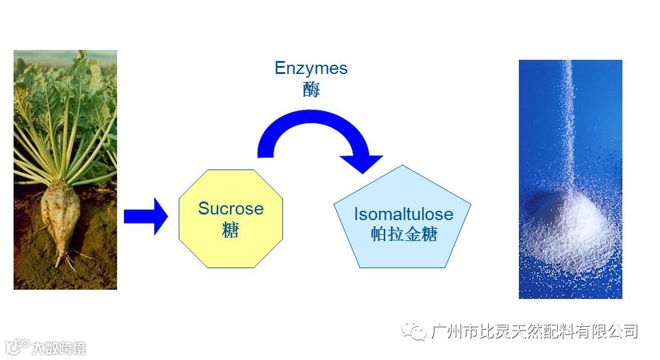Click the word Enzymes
[x=311, y=68]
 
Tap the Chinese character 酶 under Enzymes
[x=311, y=89]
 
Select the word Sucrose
[x=230, y=209]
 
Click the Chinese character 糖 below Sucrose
[x=230, y=231]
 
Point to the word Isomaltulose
[x=404, y=215]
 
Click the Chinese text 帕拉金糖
[x=404, y=234]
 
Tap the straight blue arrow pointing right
[x=145, y=216]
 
